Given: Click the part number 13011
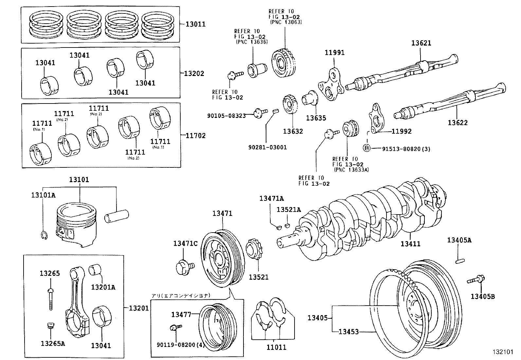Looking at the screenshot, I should click(x=195, y=24).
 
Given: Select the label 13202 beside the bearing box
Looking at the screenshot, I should click(x=193, y=73).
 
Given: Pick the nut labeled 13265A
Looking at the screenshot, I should click(x=50, y=326).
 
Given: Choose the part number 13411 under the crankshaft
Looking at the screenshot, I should click(x=410, y=244).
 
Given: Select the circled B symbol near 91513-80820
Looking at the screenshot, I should click(x=367, y=149).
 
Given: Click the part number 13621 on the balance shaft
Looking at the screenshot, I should click(x=421, y=43).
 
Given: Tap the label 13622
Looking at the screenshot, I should click(x=458, y=123).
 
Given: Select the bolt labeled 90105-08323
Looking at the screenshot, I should click(x=258, y=114).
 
